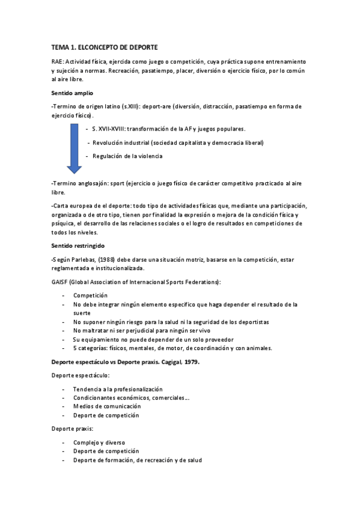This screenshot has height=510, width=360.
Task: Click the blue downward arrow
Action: pos(74,148)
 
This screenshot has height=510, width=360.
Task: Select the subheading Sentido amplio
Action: pos(72,93)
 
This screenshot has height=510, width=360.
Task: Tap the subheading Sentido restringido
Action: pos(78,246)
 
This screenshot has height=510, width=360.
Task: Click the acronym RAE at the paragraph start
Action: pos(57,62)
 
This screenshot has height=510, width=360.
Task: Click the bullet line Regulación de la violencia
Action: pos(127,156)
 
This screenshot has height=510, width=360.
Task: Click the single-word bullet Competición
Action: pos(90,295)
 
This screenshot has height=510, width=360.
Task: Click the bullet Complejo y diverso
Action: pos(99,442)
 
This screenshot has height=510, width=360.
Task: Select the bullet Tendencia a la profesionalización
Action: pos(118,389)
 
